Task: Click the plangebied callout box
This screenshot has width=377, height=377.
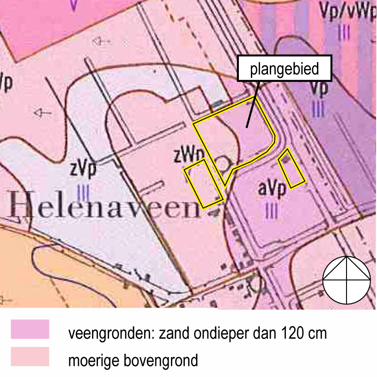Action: tap(285, 69)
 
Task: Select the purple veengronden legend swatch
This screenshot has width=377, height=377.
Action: tap(30, 329)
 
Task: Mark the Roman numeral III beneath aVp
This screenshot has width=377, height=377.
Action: tap(272, 211)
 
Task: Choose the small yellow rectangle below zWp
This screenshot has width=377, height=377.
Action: tap(203, 182)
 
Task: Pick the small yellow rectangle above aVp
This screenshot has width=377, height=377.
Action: tap(291, 168)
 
